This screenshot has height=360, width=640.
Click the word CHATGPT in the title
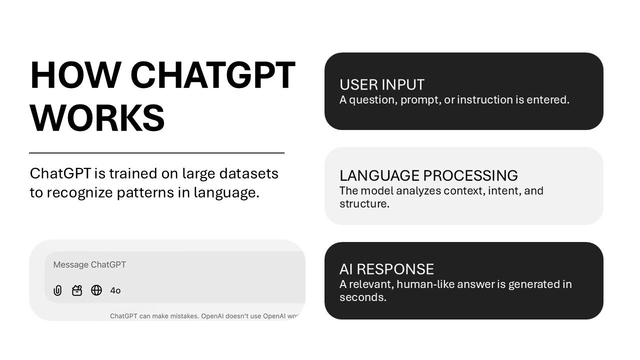213,76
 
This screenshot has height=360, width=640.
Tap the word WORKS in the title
97,118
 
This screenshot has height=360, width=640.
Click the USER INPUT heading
382,84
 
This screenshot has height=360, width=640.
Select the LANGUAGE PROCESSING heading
428,175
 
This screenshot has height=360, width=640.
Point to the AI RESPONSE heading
386,269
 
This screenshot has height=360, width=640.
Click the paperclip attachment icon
58,290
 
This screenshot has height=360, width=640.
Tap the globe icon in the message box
96,290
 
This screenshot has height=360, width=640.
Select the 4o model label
115,290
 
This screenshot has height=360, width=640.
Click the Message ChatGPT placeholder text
89,265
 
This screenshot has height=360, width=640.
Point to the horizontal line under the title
156,153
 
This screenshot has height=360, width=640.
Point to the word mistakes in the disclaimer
180,316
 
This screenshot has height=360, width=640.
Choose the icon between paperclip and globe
77,290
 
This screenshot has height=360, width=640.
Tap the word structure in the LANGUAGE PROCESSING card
363,204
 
